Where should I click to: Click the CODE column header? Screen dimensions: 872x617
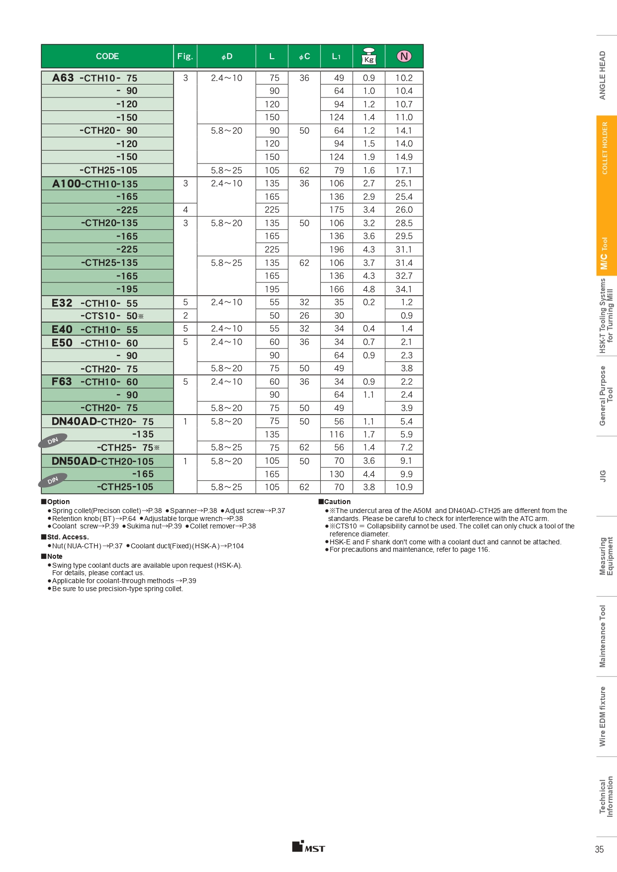[x=107, y=56]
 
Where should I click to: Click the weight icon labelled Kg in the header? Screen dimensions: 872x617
[x=369, y=56]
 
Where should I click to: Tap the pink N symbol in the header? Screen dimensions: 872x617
[x=404, y=56]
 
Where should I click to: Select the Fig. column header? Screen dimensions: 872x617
[x=185, y=56]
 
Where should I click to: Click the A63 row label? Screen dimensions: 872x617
[x=63, y=78]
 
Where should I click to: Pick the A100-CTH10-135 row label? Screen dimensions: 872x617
[x=95, y=184]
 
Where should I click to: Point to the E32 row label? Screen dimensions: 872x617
[x=62, y=303]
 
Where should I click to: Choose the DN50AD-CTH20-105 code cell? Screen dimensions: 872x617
[x=103, y=461]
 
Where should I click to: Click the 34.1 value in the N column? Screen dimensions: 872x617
[x=404, y=289]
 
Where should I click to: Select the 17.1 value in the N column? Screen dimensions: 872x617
[x=404, y=171]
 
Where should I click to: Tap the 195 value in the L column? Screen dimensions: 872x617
[x=272, y=289]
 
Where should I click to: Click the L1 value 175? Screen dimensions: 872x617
[x=337, y=210]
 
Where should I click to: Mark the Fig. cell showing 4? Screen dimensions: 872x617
[x=185, y=210]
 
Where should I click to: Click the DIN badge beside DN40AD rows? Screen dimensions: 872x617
[x=53, y=441]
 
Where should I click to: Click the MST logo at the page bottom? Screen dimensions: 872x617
[x=309, y=847]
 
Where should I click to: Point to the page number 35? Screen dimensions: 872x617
[x=600, y=849]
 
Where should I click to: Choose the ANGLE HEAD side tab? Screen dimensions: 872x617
[x=603, y=75]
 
